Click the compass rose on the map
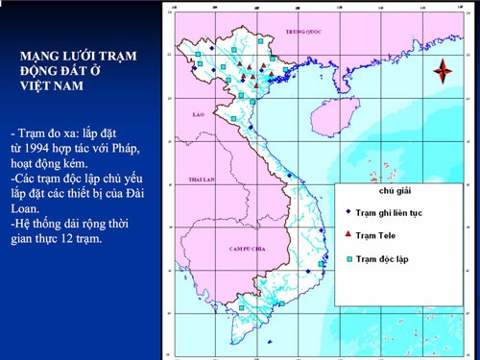coord(443,70)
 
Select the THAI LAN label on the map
coord(202,180)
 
